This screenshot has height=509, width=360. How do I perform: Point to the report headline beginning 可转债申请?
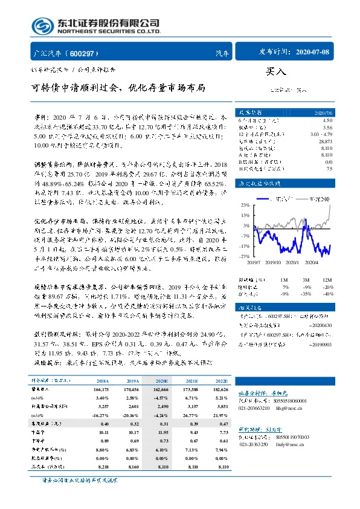coord(118,88)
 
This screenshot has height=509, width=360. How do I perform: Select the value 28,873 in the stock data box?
coord(323,139)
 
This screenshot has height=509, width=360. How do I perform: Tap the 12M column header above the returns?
coord(326,279)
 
